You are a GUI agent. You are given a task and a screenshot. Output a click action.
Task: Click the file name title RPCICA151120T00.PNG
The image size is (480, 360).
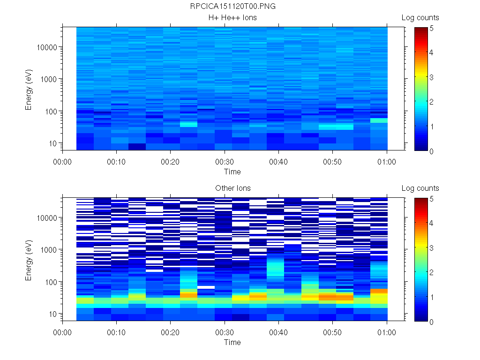(232, 7)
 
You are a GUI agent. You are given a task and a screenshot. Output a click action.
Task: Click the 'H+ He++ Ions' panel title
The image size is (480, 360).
(232, 18)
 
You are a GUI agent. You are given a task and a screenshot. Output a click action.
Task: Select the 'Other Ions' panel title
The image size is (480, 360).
(232, 188)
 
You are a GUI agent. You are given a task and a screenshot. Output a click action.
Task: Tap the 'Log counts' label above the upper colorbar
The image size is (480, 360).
(420, 18)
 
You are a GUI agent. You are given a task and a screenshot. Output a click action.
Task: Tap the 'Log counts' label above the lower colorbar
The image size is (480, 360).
(420, 188)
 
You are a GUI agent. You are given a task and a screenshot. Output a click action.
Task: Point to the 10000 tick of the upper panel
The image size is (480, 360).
(47, 47)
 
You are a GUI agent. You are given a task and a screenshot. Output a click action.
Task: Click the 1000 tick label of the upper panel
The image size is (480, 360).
(49, 79)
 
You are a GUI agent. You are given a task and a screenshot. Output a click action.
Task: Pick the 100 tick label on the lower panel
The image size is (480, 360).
(51, 282)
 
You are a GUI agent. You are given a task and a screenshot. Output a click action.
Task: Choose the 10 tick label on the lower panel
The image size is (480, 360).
(52, 314)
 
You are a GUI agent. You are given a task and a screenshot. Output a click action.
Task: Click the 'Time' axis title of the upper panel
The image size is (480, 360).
(232, 172)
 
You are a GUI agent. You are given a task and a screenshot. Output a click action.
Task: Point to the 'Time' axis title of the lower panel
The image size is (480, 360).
(232, 342)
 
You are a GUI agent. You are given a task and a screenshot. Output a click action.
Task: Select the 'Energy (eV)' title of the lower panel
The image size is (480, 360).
(29, 260)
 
